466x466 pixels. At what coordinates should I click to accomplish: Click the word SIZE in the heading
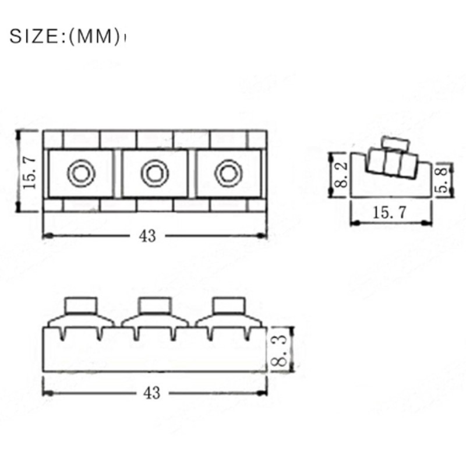pos(34,37)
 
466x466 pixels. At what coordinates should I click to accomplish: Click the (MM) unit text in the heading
pos(94,37)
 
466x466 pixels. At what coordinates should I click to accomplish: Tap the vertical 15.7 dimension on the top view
pos(30,174)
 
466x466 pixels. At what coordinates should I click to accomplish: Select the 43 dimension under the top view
pos(147,236)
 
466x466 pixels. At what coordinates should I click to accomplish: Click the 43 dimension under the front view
pos(151,393)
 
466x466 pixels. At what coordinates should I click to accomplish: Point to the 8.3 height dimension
pos(280,350)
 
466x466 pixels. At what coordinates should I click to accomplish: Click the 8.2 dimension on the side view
pos(341,175)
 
